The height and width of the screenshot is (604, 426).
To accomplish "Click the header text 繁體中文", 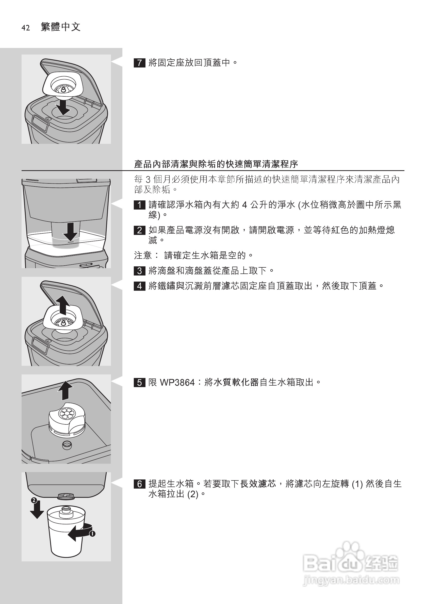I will [61, 27].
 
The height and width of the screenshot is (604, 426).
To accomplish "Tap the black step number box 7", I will [139, 63].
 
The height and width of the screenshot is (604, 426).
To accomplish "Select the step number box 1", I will [139, 205].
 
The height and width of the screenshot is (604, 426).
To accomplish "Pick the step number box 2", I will [139, 230].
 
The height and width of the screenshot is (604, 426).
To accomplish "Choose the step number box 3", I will [139, 271].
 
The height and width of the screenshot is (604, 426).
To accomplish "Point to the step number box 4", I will [139, 286].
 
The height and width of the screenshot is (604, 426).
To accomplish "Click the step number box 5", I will [139, 383].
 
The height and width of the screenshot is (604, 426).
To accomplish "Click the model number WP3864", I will [177, 383].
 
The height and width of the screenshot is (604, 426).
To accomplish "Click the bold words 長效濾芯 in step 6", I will [258, 484].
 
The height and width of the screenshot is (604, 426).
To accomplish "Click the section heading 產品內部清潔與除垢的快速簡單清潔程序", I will [216, 164].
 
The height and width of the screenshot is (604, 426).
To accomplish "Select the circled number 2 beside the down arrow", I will [34, 500].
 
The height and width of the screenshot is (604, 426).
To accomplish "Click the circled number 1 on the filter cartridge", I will [92, 534].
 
